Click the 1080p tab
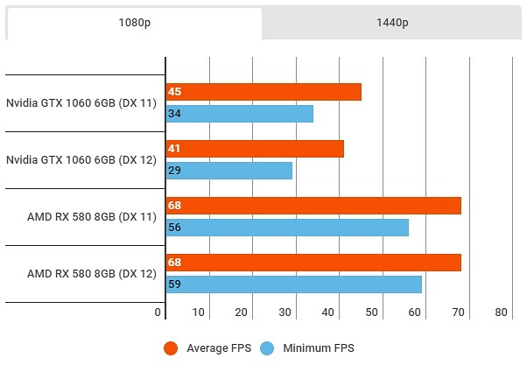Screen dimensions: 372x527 (133, 24)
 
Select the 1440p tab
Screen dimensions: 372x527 (391, 24)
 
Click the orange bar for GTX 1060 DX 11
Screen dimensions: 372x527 (263, 92)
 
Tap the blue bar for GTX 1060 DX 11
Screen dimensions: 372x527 (239, 114)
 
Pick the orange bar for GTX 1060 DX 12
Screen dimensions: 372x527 (255, 149)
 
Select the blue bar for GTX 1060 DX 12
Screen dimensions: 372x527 (228, 171)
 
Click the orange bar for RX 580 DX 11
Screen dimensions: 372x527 (313, 206)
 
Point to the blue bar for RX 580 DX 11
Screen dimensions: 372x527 (287, 228)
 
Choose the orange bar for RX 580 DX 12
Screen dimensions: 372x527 (313, 263)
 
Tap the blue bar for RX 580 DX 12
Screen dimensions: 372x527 (294, 284)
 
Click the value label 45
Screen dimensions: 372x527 (174, 92)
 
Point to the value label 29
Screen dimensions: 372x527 (174, 171)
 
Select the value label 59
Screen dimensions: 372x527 (174, 284)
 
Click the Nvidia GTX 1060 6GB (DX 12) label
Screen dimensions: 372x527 (81, 160)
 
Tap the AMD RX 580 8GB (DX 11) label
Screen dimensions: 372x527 (92, 217)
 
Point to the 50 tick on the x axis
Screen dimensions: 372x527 (372, 312)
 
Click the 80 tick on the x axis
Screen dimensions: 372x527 (501, 312)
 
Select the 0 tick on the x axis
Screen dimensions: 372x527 (158, 312)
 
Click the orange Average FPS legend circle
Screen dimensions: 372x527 (172, 348)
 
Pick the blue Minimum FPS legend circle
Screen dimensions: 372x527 (266, 348)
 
